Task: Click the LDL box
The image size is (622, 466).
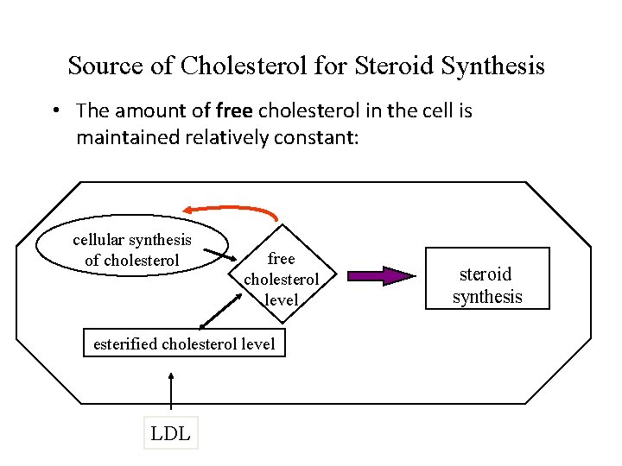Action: pyautogui.click(x=170, y=433)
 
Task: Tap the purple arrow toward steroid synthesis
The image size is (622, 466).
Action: pyautogui.click(x=380, y=276)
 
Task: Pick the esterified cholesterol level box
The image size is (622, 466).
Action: pyautogui.click(x=184, y=344)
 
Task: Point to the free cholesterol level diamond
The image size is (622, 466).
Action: pyautogui.click(x=282, y=279)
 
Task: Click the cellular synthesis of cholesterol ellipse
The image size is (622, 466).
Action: pyautogui.click(x=132, y=249)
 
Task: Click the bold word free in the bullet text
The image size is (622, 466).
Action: pyautogui.click(x=235, y=110)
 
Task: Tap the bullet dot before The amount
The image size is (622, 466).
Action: pyautogui.click(x=54, y=110)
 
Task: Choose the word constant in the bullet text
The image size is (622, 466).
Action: pyautogui.click(x=319, y=137)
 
